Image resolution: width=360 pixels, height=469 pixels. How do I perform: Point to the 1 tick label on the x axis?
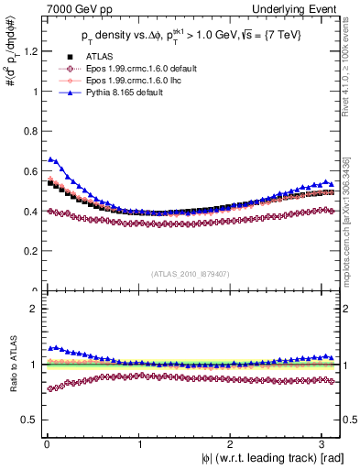tap(139, 444)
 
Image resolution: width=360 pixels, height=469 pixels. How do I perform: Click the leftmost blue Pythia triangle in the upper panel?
tap(50, 159)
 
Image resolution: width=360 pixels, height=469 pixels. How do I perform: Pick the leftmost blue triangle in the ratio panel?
tap(50, 348)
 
